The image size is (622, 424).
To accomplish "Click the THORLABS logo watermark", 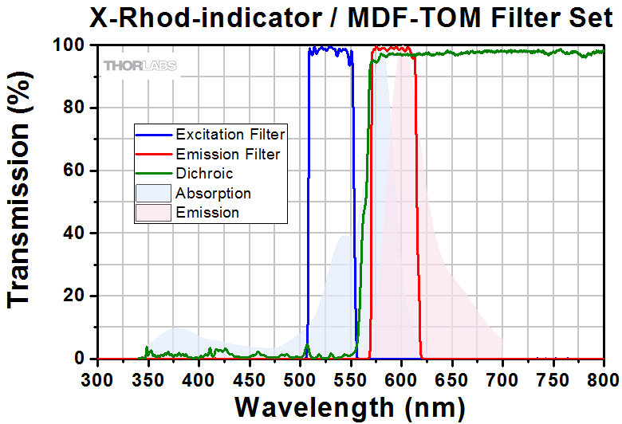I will [140, 65].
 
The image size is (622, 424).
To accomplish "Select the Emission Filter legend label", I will [228, 153].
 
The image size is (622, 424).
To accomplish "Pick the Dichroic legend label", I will [204, 172].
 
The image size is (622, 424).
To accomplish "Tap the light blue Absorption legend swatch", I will [154, 193].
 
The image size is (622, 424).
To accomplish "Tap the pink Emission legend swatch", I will [154, 213].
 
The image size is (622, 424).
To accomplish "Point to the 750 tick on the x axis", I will [553, 378].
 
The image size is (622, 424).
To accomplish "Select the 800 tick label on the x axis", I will [604, 378].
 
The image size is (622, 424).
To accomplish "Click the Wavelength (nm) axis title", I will [350, 406].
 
